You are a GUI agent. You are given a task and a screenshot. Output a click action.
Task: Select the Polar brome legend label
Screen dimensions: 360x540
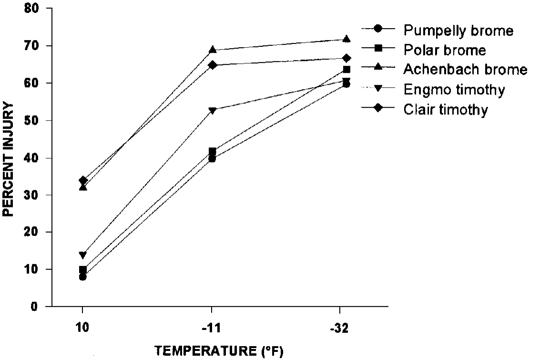click(x=445, y=50)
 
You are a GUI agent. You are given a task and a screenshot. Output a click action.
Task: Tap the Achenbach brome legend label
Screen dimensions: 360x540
click(x=465, y=70)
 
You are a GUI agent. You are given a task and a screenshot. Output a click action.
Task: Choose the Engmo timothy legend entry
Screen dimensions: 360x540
click(x=454, y=90)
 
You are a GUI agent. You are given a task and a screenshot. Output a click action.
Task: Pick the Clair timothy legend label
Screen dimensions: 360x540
click(x=446, y=110)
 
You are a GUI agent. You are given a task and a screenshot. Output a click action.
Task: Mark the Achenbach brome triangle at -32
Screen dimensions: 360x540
click(x=346, y=39)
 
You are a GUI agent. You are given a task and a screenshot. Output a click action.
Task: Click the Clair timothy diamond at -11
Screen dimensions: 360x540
click(x=212, y=65)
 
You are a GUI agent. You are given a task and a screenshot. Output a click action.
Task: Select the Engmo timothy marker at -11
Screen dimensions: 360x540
click(x=212, y=111)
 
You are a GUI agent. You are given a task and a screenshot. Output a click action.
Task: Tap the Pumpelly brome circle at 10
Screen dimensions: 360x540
click(x=83, y=277)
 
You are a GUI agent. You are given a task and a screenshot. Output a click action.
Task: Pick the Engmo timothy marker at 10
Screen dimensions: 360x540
click(x=83, y=255)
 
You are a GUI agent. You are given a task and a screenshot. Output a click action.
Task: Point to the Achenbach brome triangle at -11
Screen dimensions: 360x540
click(x=212, y=50)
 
